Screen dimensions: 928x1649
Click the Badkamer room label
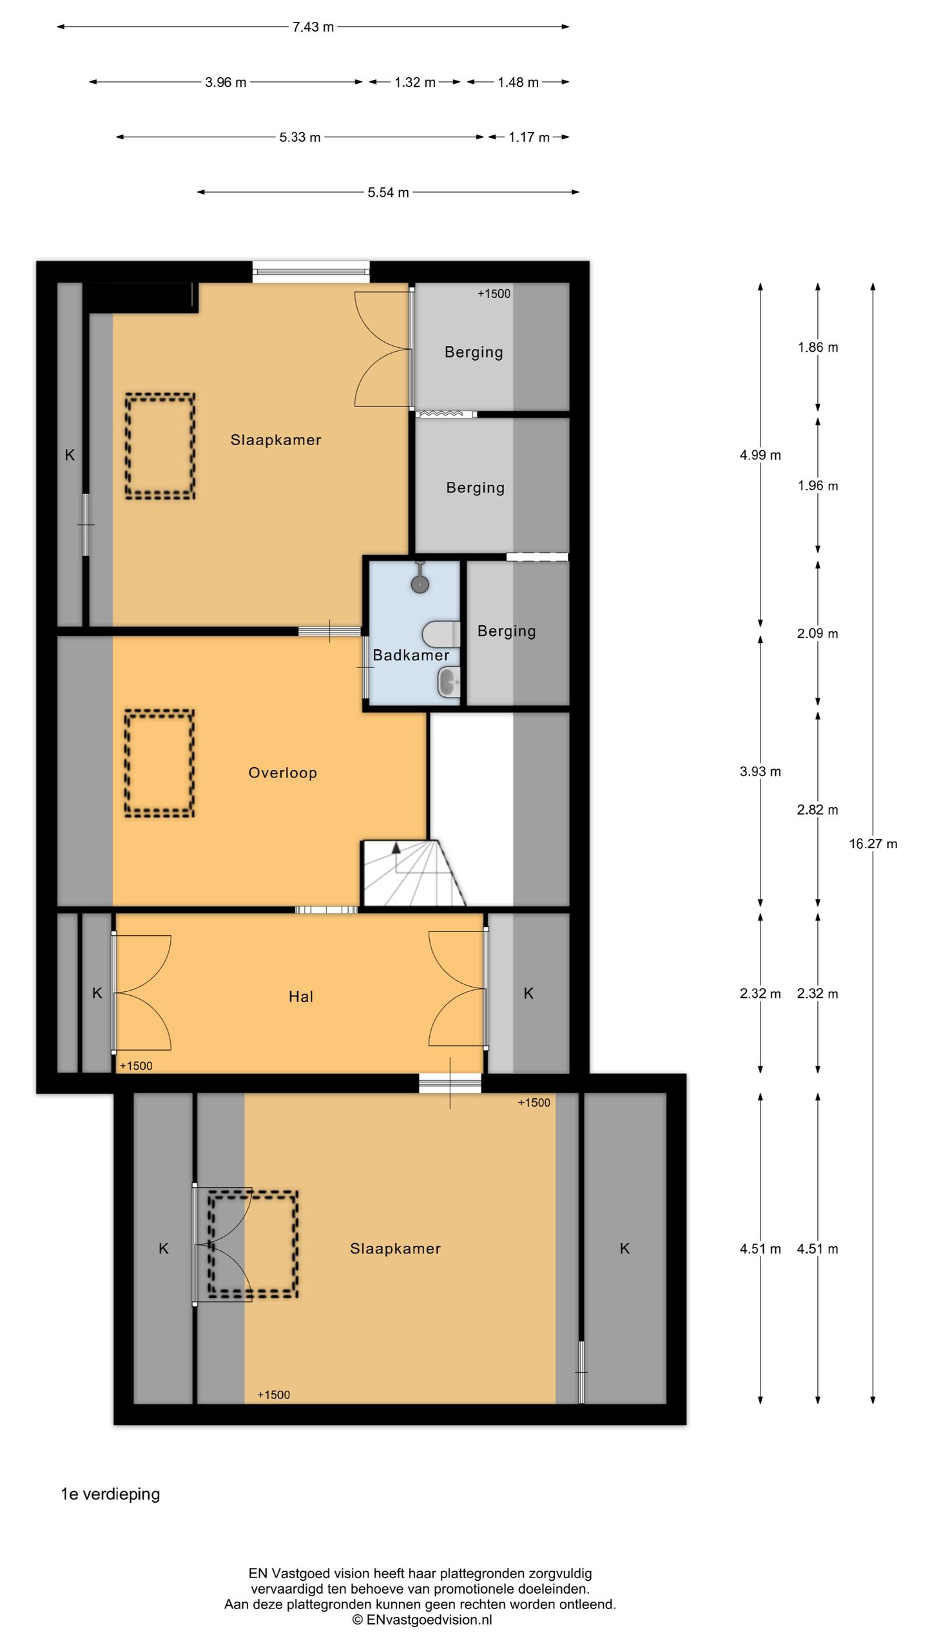tap(411, 655)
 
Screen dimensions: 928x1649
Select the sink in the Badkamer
tap(449, 682)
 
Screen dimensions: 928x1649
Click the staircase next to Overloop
tap(412, 873)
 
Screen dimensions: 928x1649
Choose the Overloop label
tap(283, 773)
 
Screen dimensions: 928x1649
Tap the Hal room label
tap(301, 997)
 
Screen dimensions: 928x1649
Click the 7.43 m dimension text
tap(313, 27)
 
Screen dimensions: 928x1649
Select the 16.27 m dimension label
tap(873, 844)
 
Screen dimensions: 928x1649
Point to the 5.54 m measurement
tap(388, 193)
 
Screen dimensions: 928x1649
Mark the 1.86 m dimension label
tap(818, 348)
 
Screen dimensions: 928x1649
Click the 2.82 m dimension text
tap(818, 810)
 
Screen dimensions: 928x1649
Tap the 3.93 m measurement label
tap(760, 772)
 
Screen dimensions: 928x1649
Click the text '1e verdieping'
tap(110, 1494)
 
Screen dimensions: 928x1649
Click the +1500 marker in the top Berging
tap(494, 294)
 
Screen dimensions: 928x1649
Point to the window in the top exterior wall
tap(311, 272)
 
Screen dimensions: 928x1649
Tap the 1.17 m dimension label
tap(529, 137)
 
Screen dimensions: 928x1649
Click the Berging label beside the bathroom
tap(507, 631)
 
